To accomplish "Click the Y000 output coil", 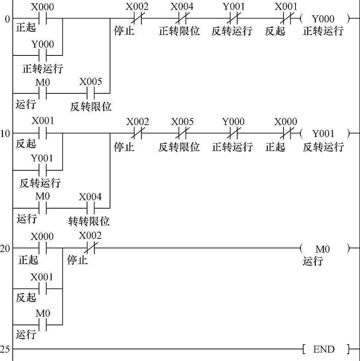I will (323, 18).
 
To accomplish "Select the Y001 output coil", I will (323, 133).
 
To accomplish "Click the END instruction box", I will (324, 349).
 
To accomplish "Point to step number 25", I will (5, 349).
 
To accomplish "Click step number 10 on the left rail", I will (5, 133).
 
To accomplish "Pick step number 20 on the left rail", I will (5, 249).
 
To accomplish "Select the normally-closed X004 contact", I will (182, 18).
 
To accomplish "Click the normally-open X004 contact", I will (90, 208).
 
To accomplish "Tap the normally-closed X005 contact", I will (182, 133).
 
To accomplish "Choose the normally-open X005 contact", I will (90, 93).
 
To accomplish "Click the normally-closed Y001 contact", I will (233, 18).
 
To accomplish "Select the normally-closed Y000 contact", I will (233, 133).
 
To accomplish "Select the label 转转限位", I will (89, 221).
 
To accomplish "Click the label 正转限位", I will (179, 31).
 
